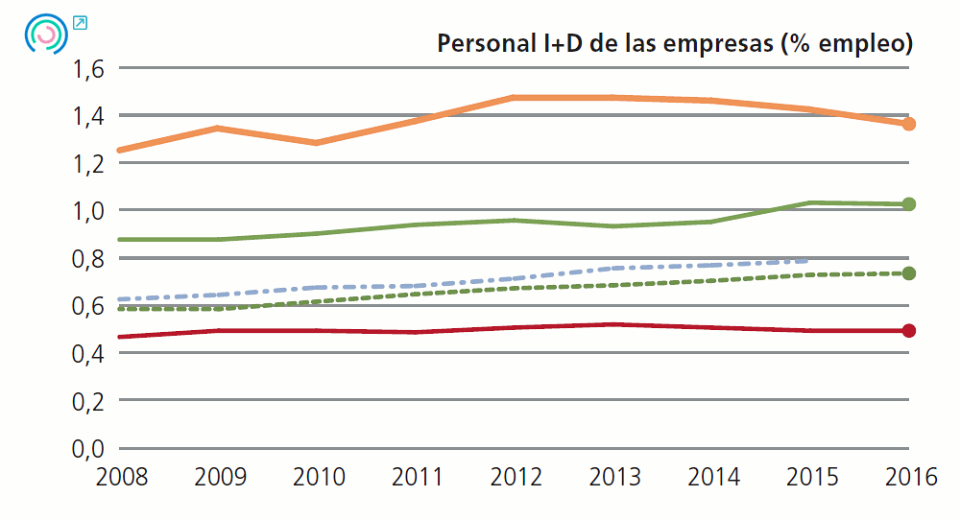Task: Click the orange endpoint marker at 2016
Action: click(908, 124)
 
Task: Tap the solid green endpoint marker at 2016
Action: click(908, 204)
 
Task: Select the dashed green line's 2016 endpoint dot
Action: click(908, 273)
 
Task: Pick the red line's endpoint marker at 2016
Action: click(908, 331)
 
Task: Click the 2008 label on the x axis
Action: click(122, 477)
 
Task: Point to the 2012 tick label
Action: click(515, 477)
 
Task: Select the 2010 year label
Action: click(318, 477)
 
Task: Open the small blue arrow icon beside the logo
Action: click(80, 23)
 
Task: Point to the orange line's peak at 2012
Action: click(515, 98)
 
